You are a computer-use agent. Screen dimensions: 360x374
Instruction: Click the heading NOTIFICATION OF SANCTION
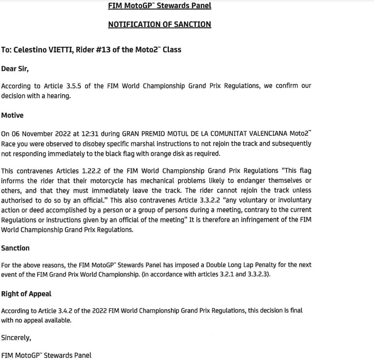coord(159,25)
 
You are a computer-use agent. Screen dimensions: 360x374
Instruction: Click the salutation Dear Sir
coord(15,69)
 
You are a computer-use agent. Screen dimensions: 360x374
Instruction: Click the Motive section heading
coord(12,115)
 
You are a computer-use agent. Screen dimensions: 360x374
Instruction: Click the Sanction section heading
coord(15,248)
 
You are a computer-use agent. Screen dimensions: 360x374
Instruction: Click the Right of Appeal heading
coord(26,294)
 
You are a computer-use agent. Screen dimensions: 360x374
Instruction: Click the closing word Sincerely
coord(16,337)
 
